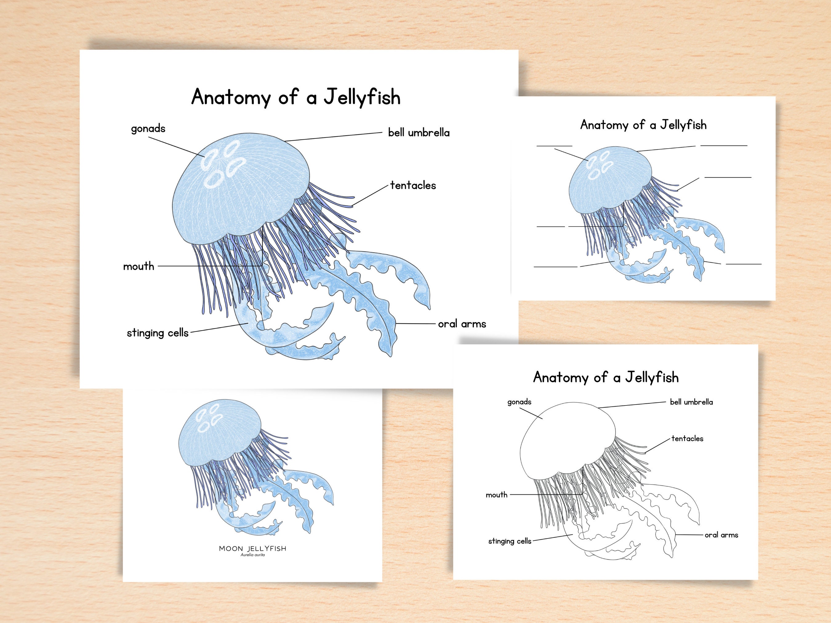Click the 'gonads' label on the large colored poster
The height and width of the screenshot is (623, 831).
pyautogui.click(x=148, y=129)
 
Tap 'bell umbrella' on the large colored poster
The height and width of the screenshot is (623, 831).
pyautogui.click(x=419, y=133)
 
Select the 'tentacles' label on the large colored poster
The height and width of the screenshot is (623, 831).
pyautogui.click(x=413, y=186)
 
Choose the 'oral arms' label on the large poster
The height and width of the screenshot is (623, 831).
pyautogui.click(x=462, y=324)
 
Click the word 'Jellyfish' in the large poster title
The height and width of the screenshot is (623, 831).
pyautogui.click(x=362, y=97)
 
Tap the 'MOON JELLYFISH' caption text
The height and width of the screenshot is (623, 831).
pyautogui.click(x=252, y=549)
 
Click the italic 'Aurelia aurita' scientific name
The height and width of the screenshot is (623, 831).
pyautogui.click(x=252, y=555)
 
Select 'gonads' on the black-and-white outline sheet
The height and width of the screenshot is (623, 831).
pyautogui.click(x=519, y=402)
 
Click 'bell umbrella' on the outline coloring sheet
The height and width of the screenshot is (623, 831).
pyautogui.click(x=691, y=402)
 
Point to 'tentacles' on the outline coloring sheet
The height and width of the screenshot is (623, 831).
pyautogui.click(x=687, y=439)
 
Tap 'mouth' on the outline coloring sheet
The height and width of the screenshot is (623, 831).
pyautogui.click(x=496, y=495)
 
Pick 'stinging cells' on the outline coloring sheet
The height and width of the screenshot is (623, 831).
pyautogui.click(x=509, y=541)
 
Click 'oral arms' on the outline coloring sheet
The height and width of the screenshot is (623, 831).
pyautogui.click(x=721, y=535)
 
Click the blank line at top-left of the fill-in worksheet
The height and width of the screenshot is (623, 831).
pyautogui.click(x=554, y=146)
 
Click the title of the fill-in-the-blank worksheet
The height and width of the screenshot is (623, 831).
pyautogui.click(x=643, y=125)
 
